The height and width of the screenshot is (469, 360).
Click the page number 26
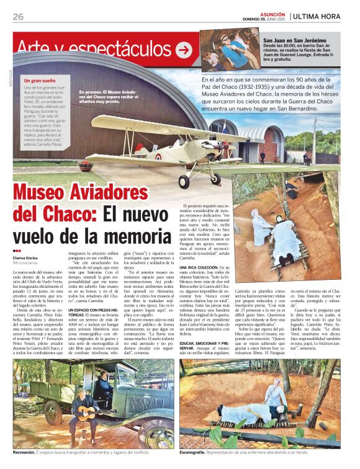[18, 16]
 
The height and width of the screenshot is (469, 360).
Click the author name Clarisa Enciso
[26, 257]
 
